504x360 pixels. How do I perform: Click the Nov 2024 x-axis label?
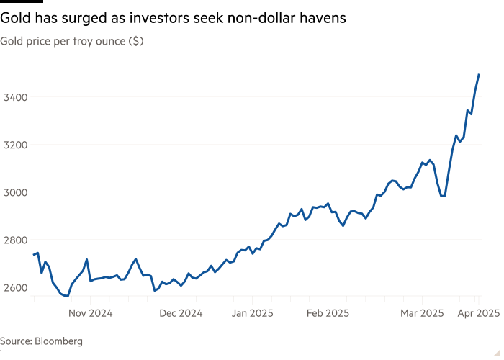(91, 313)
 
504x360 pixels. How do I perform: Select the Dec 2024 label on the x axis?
(181, 313)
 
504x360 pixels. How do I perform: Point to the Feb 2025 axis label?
(328, 313)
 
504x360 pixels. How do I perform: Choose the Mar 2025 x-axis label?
(422, 313)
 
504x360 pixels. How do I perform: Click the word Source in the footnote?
(15, 341)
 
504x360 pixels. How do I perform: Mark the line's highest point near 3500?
(479, 74)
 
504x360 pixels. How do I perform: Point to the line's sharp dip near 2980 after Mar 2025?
(443, 195)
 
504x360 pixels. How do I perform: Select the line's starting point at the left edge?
(33, 254)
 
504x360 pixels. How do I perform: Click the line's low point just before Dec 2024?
(155, 291)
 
